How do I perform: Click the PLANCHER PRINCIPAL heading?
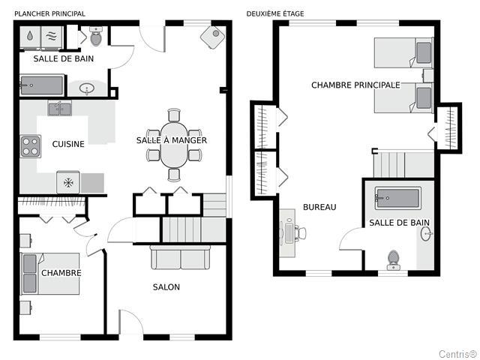click(x=50, y=13)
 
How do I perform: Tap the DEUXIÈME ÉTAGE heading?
click(x=275, y=13)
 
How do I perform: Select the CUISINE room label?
click(x=68, y=144)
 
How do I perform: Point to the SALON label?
click(x=166, y=286)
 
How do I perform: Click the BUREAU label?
click(x=319, y=207)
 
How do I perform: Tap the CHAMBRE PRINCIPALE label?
click(x=355, y=85)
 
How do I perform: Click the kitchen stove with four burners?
click(x=30, y=146)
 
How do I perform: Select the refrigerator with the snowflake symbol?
click(x=68, y=183)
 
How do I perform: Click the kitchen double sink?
click(x=60, y=109)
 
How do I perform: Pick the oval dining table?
click(x=174, y=145)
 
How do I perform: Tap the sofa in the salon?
click(x=181, y=257)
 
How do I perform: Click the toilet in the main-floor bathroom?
click(x=96, y=36)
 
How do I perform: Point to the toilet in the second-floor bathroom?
click(x=393, y=260)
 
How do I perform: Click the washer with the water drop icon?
click(x=30, y=37)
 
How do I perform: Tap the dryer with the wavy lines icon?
click(x=52, y=37)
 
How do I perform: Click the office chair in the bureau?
click(x=300, y=233)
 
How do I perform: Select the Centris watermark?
click(x=457, y=354)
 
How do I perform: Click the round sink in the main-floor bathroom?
click(x=87, y=88)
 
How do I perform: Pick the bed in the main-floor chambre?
click(x=50, y=274)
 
